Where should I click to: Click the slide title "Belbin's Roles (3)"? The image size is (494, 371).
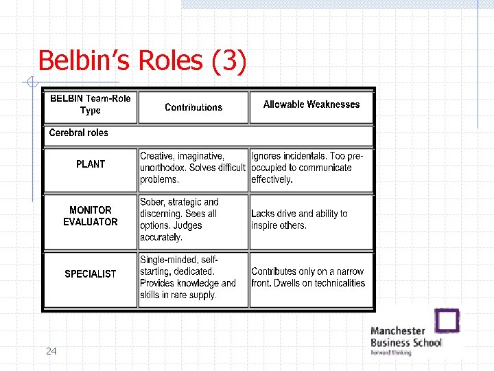tap(141, 60)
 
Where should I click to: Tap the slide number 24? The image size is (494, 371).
tap(51, 351)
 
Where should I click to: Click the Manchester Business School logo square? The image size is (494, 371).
tap(448, 321)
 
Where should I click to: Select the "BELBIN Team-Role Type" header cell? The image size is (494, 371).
tap(90, 104)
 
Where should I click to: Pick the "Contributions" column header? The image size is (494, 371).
tap(193, 107)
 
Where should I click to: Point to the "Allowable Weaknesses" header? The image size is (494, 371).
tap(311, 104)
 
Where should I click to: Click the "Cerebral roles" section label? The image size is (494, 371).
tap(79, 133)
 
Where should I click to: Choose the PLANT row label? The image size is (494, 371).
tap(91, 164)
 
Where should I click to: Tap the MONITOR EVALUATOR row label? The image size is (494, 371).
tap(91, 216)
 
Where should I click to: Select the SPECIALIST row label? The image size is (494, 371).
tap(91, 274)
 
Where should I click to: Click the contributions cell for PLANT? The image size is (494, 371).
tap(192, 168)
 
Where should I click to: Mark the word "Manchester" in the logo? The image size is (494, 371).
tap(398, 330)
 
